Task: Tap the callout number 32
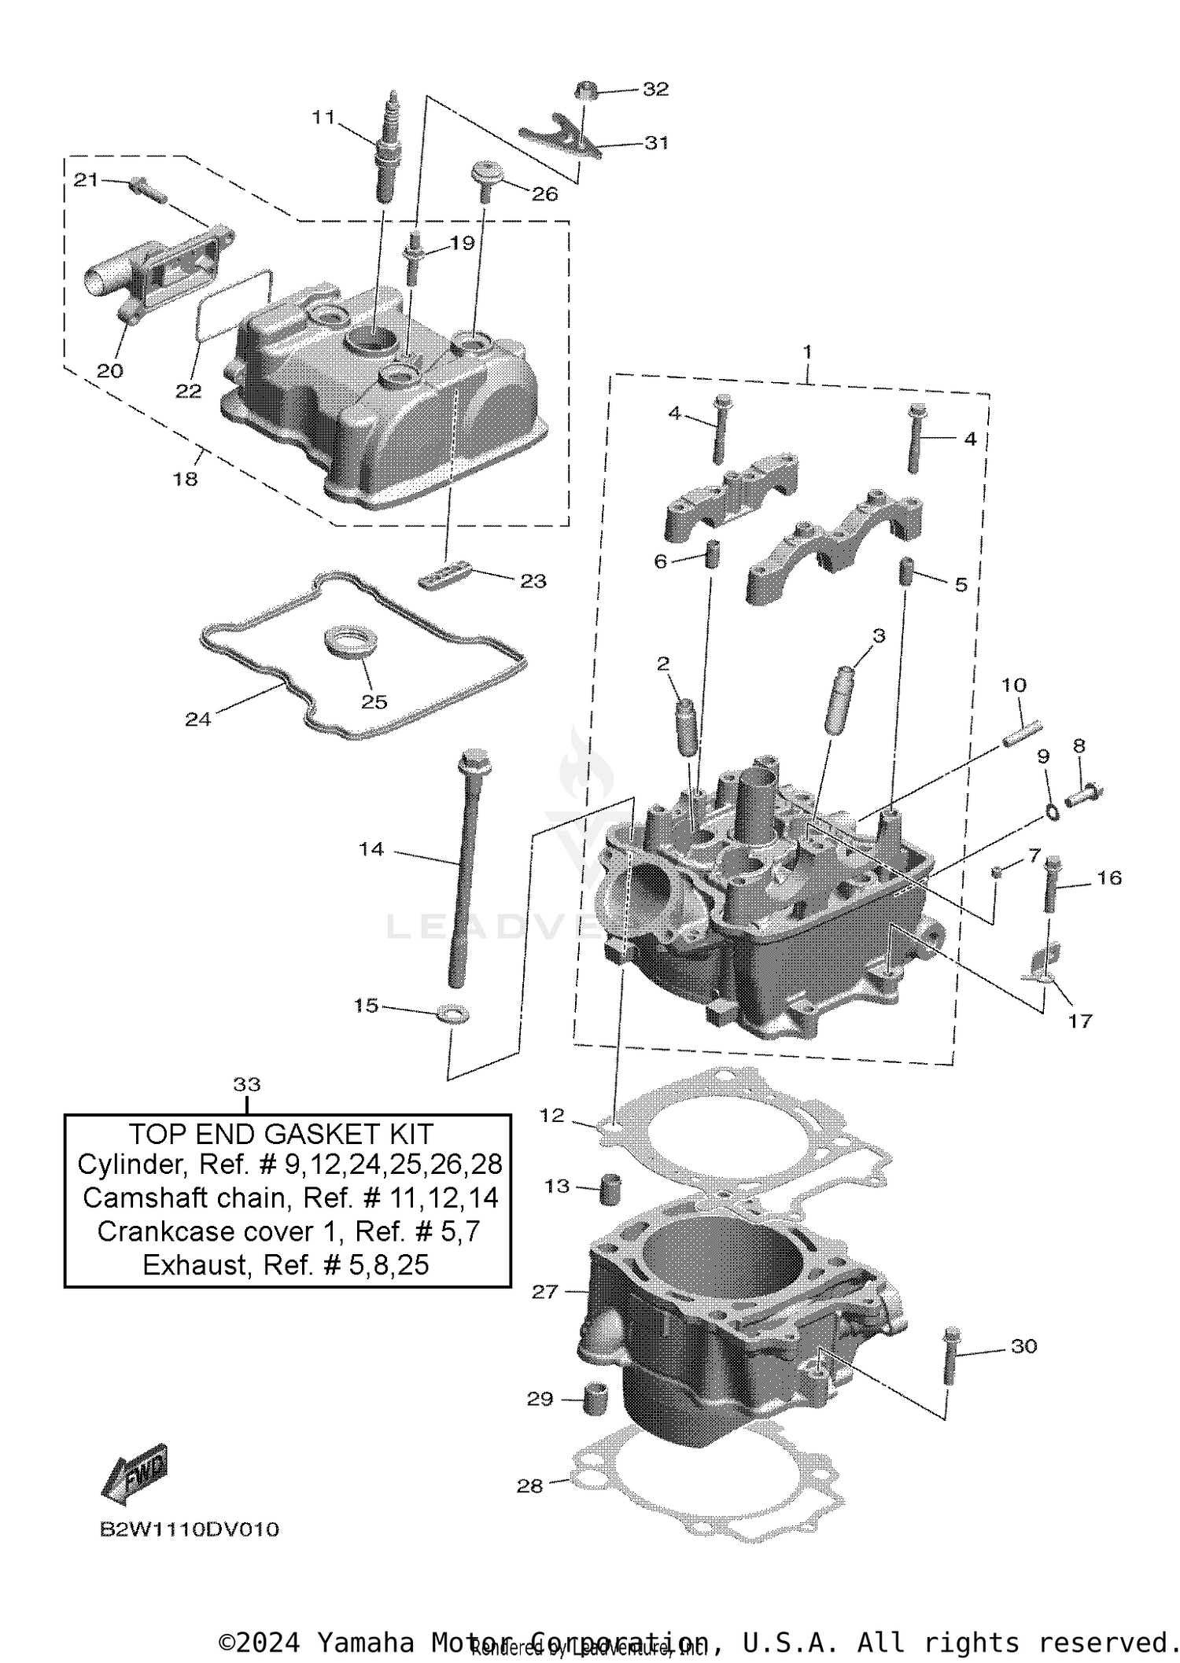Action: [655, 90]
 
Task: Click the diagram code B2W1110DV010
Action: [189, 1529]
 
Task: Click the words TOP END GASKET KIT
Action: [281, 1134]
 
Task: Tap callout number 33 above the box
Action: [246, 1084]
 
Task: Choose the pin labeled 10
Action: [1022, 732]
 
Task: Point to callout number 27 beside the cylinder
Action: [544, 1292]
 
